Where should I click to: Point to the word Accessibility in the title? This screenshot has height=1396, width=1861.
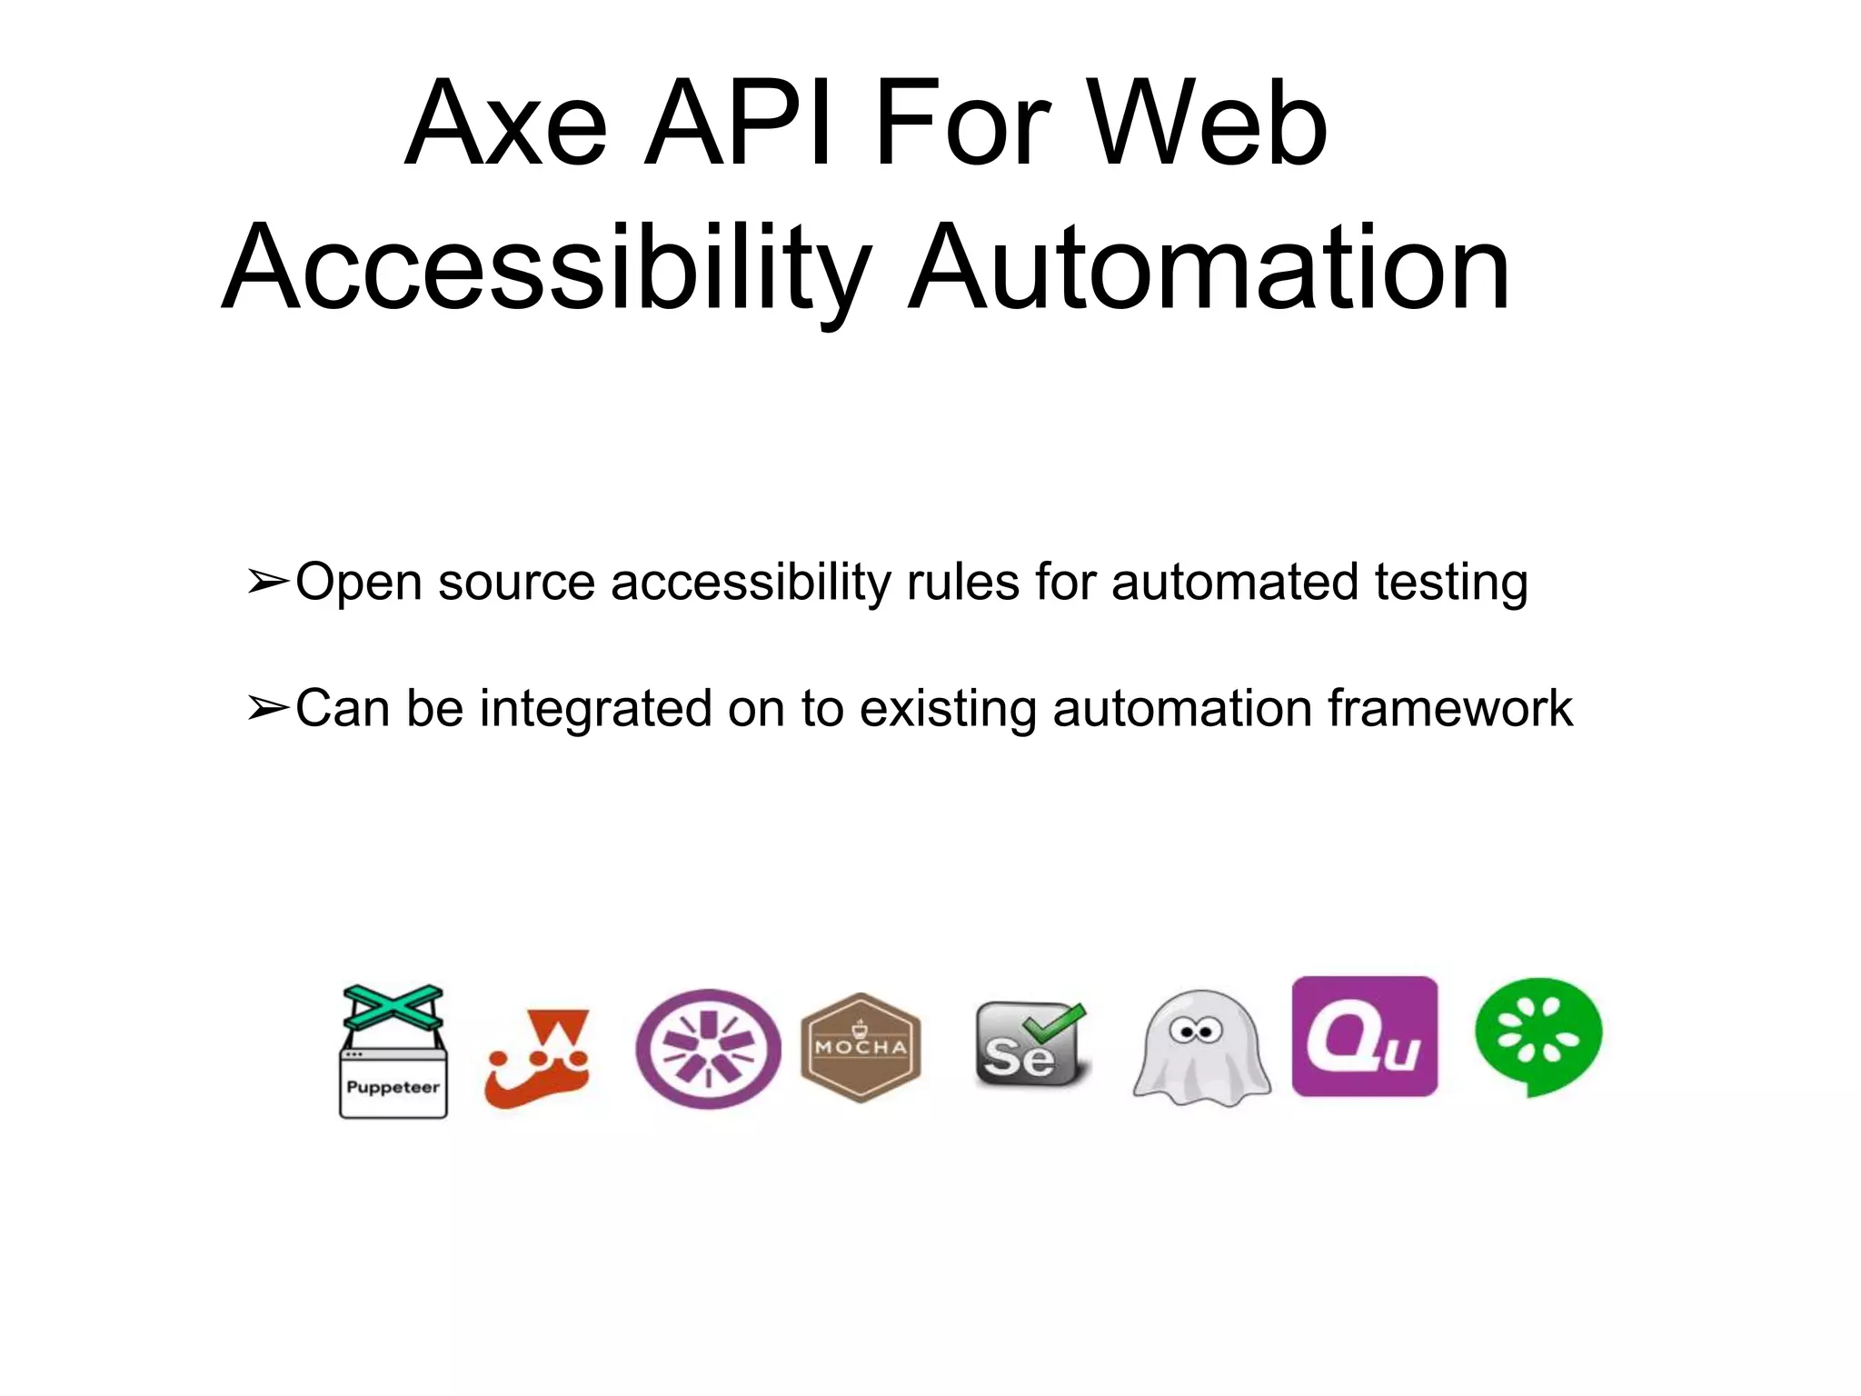(545, 269)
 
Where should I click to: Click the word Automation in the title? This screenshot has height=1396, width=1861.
(1209, 269)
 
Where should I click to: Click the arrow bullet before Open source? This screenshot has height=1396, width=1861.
(268, 582)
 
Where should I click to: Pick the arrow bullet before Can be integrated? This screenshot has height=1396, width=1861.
(268, 708)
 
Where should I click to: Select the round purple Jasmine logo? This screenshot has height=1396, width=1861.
(708, 1049)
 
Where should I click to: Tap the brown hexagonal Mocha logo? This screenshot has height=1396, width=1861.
(861, 1048)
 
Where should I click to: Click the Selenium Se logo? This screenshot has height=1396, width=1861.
(1030, 1046)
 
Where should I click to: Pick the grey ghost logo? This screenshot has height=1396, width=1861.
(1200, 1050)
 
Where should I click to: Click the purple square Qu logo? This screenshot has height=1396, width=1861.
(1364, 1037)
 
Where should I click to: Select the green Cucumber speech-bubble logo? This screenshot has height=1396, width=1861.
(1538, 1037)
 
